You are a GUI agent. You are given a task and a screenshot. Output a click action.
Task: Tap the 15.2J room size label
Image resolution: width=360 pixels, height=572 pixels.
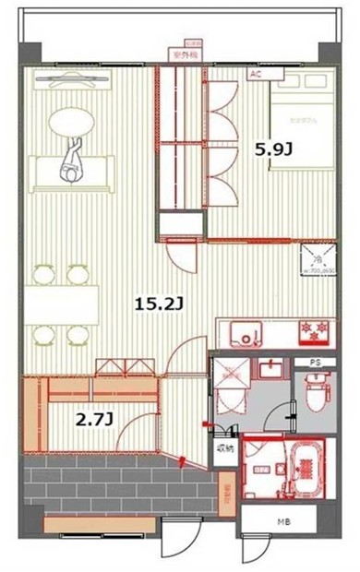150,301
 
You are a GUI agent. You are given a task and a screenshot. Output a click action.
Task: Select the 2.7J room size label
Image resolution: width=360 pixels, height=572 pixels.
94,420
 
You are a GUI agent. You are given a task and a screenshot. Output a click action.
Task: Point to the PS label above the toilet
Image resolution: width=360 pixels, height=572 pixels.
315,363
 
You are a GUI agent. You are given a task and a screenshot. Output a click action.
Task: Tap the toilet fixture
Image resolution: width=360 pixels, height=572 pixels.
314,394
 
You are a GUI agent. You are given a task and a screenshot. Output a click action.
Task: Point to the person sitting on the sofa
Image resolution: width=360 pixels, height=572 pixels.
71,164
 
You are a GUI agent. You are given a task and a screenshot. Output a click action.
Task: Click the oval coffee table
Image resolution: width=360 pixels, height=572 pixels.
71,122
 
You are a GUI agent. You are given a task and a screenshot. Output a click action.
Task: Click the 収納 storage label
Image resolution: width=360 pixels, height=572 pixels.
225,448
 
